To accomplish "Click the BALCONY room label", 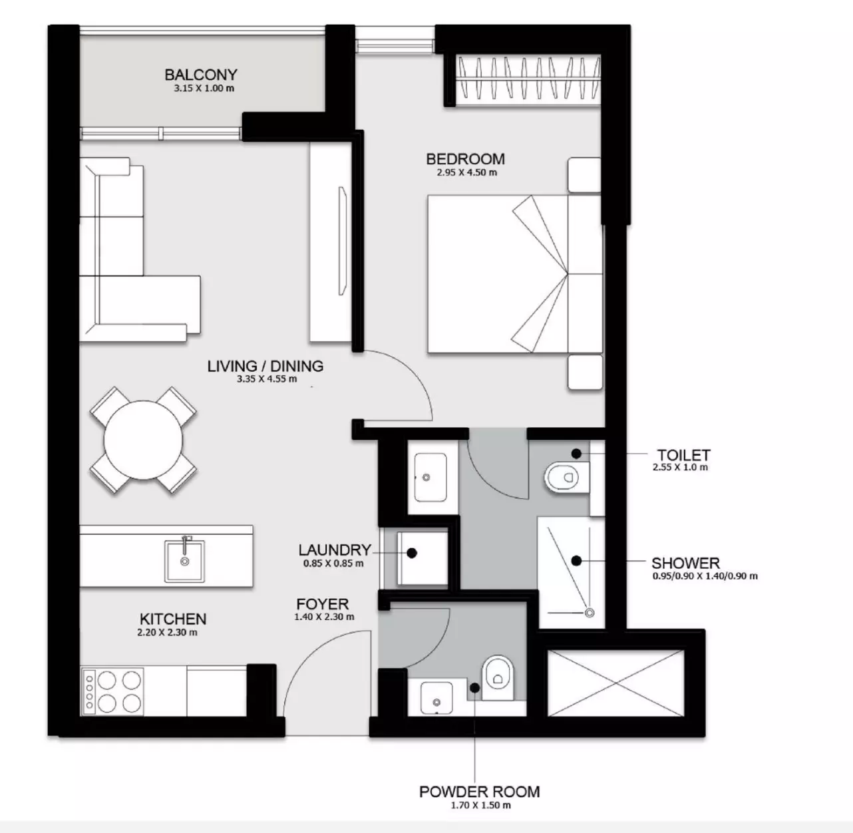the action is [x=201, y=75].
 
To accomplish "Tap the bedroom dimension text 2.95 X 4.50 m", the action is [x=466, y=172].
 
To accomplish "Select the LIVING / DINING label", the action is [x=265, y=366].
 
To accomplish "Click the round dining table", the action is [x=143, y=440].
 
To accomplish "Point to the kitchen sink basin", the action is [x=184, y=561].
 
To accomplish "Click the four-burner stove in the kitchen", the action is [x=112, y=692].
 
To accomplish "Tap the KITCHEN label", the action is [x=173, y=619].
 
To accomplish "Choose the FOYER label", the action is [x=323, y=603].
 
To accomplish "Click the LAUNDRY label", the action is [x=335, y=550].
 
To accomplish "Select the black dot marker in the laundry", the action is [x=412, y=554].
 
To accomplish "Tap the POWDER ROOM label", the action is [x=480, y=791].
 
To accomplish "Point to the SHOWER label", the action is [x=685, y=562].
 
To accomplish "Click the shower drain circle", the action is [x=590, y=613].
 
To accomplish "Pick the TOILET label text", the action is [x=683, y=454].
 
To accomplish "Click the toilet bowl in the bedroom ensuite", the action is [x=562, y=477].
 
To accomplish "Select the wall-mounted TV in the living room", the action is [x=343, y=241].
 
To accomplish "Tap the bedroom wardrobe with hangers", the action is [x=528, y=79].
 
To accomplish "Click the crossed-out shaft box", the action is [x=616, y=683].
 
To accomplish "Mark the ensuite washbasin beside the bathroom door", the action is [x=430, y=477].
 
